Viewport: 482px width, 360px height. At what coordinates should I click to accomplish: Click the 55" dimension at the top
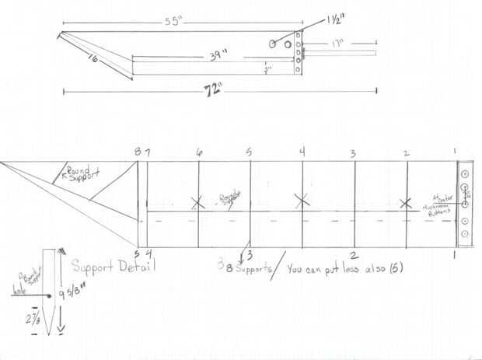(177, 22)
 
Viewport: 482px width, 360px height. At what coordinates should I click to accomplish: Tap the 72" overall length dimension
(210, 90)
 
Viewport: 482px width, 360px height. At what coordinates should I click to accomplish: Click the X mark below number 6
(197, 203)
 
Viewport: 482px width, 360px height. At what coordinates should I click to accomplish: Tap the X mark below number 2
(405, 203)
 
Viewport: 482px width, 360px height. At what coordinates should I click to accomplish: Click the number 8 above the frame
(138, 152)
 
